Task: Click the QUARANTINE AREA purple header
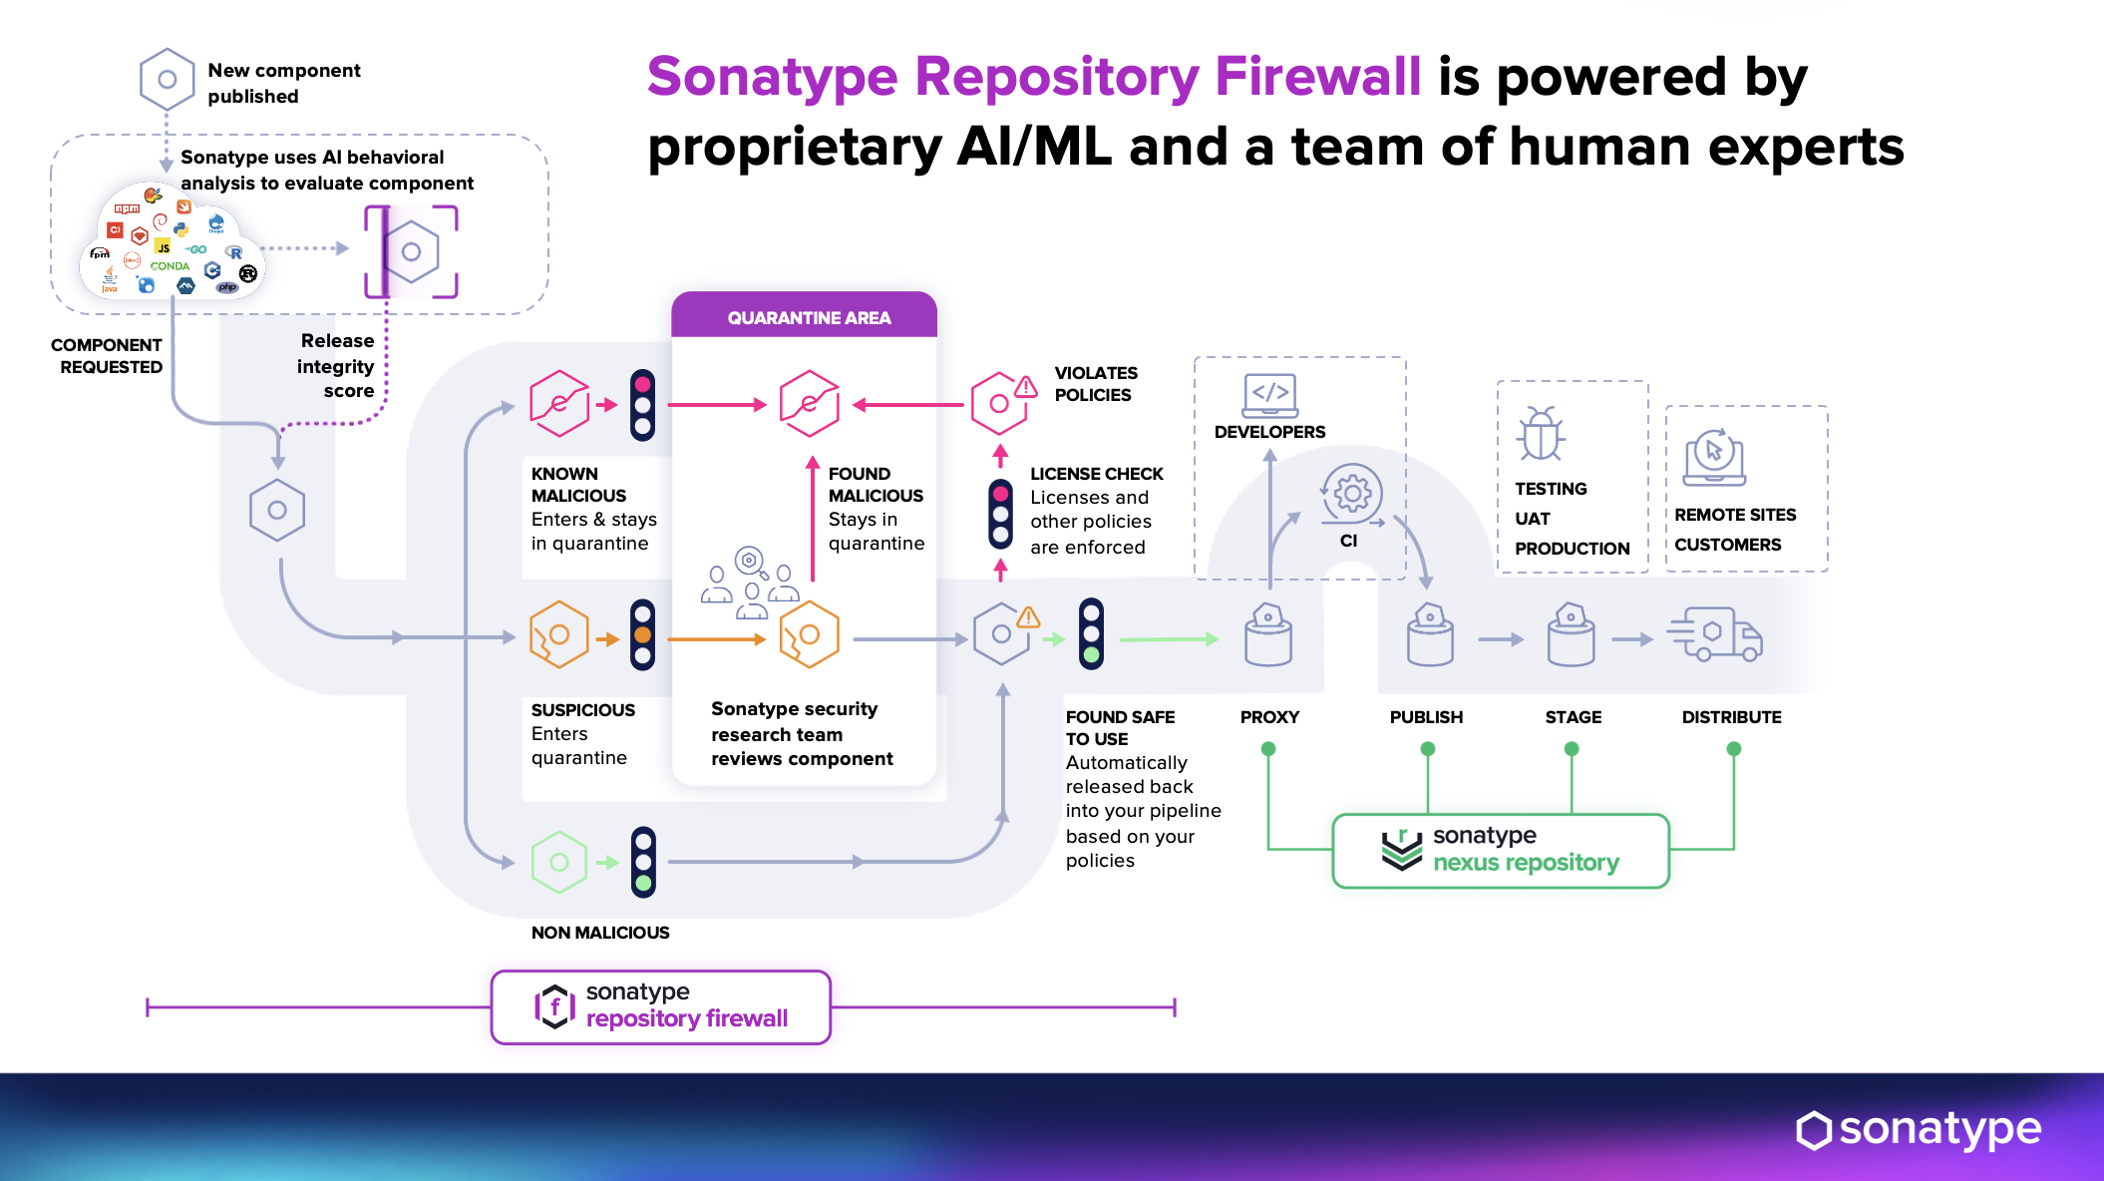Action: pos(808,317)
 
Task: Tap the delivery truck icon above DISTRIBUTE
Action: pos(1715,634)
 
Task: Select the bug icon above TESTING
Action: pos(1541,434)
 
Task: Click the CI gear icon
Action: pos(1352,493)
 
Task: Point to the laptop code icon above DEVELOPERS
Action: pos(1270,395)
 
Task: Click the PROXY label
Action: pos(1269,717)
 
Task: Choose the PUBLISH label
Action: pos(1426,717)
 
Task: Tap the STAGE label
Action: pos(1573,717)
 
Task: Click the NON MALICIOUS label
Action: pos(600,933)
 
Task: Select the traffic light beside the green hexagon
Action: pos(644,862)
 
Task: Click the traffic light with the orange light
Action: pos(643,634)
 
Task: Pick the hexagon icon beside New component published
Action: pos(168,80)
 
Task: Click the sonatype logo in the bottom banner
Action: pos(1919,1129)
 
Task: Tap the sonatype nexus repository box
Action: pos(1501,850)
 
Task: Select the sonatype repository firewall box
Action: pos(660,1006)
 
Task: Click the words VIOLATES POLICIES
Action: pos(1095,384)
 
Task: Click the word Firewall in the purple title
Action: pos(1317,77)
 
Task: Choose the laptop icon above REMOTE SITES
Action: pos(1714,457)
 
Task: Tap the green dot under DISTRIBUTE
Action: pos(1733,748)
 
